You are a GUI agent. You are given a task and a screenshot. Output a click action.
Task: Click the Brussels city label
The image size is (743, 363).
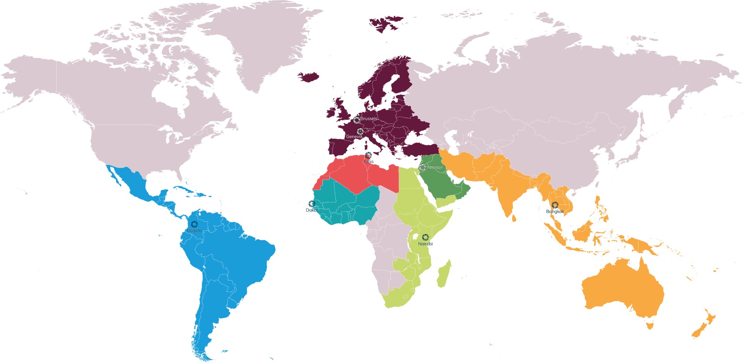pyautogui.click(x=369, y=118)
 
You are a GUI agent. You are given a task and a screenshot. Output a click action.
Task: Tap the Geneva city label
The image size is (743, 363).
pyautogui.click(x=354, y=137)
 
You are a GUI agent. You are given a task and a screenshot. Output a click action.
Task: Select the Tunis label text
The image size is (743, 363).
pyautogui.click(x=368, y=161)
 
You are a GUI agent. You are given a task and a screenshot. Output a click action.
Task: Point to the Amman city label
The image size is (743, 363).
pyautogui.click(x=435, y=168)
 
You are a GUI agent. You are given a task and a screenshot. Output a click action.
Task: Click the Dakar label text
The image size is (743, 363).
pyautogui.click(x=312, y=210)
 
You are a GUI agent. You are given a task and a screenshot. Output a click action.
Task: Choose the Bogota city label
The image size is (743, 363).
pyautogui.click(x=194, y=231)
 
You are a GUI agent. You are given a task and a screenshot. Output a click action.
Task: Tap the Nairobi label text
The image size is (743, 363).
pyautogui.click(x=425, y=244)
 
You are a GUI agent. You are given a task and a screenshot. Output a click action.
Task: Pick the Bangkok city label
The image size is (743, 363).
pyautogui.click(x=555, y=212)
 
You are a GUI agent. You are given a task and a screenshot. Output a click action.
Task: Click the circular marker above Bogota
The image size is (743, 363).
pyautogui.click(x=194, y=224)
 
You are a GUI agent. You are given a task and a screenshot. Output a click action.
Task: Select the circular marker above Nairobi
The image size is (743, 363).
pyautogui.click(x=425, y=237)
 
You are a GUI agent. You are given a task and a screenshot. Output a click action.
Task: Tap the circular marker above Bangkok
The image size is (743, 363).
pyautogui.click(x=555, y=205)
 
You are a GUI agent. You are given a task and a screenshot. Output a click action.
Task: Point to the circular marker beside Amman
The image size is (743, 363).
pyautogui.click(x=422, y=168)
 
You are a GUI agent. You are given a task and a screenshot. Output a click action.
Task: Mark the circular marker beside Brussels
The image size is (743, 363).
pyautogui.click(x=357, y=120)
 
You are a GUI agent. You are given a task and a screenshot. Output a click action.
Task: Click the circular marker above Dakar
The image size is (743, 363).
pyautogui.click(x=312, y=204)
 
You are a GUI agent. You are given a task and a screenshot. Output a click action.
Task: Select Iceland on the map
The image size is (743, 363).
pyautogui.click(x=308, y=76)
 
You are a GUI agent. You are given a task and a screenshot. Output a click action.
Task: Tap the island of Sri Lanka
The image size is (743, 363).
pyautogui.click(x=514, y=218)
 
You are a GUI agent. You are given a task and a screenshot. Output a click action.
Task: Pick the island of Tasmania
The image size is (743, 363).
pyautogui.click(x=650, y=326)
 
